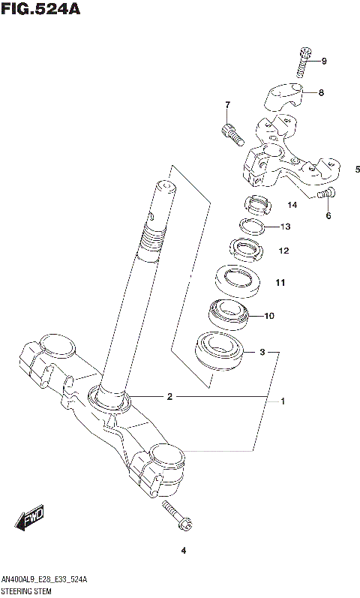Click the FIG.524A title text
40,10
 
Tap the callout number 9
324,61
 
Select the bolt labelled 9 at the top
304,62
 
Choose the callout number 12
283,251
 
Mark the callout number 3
262,351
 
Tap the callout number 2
169,396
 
